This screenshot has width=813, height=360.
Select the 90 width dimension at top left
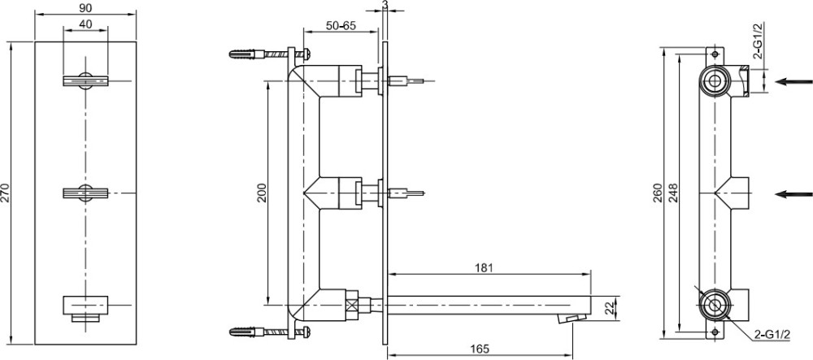pyautogui.click(x=86, y=8)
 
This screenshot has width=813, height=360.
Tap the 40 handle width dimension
pyautogui.click(x=86, y=24)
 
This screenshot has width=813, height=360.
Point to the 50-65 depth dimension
pyautogui.click(x=341, y=25)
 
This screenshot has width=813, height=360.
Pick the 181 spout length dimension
pyautogui.click(x=484, y=267)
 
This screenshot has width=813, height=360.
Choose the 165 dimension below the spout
pyautogui.click(x=480, y=349)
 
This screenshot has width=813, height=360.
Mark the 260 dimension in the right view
pyautogui.click(x=658, y=193)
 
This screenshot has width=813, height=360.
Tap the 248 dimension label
pyautogui.click(x=672, y=193)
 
